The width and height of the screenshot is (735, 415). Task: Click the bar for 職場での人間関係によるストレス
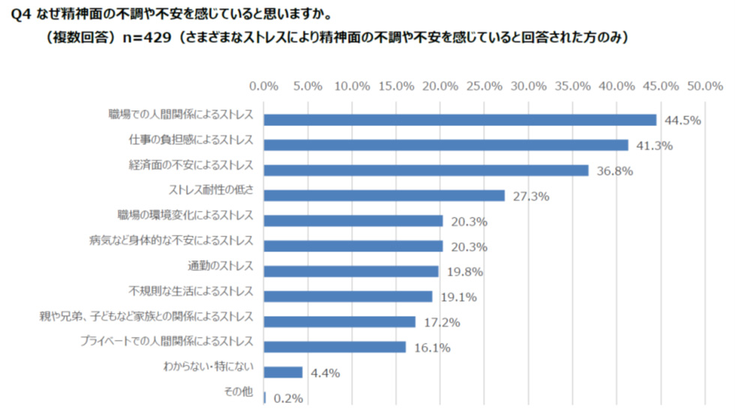pyautogui.click(x=460, y=120)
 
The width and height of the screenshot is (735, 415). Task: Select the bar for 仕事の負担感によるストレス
pyautogui.click(x=446, y=145)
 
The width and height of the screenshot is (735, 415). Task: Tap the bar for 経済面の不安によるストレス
pyautogui.click(x=426, y=170)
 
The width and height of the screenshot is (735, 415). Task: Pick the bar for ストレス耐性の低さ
pyautogui.click(x=384, y=196)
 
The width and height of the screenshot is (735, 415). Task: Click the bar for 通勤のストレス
pyautogui.click(x=351, y=271)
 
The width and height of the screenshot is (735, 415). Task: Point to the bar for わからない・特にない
pyautogui.click(x=283, y=372)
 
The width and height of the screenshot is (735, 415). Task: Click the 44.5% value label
pyautogui.click(x=682, y=121)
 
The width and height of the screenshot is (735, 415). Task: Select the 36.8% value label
pyautogui.click(x=615, y=171)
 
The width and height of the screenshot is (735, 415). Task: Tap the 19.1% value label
pyautogui.click(x=459, y=297)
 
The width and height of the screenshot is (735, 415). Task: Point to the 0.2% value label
pyautogui.click(x=288, y=398)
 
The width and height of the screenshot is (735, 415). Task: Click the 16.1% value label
pyautogui.click(x=432, y=347)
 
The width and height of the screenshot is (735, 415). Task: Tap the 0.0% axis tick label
pyautogui.click(x=264, y=86)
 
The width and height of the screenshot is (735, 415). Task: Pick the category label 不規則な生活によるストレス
pyautogui.click(x=191, y=291)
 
